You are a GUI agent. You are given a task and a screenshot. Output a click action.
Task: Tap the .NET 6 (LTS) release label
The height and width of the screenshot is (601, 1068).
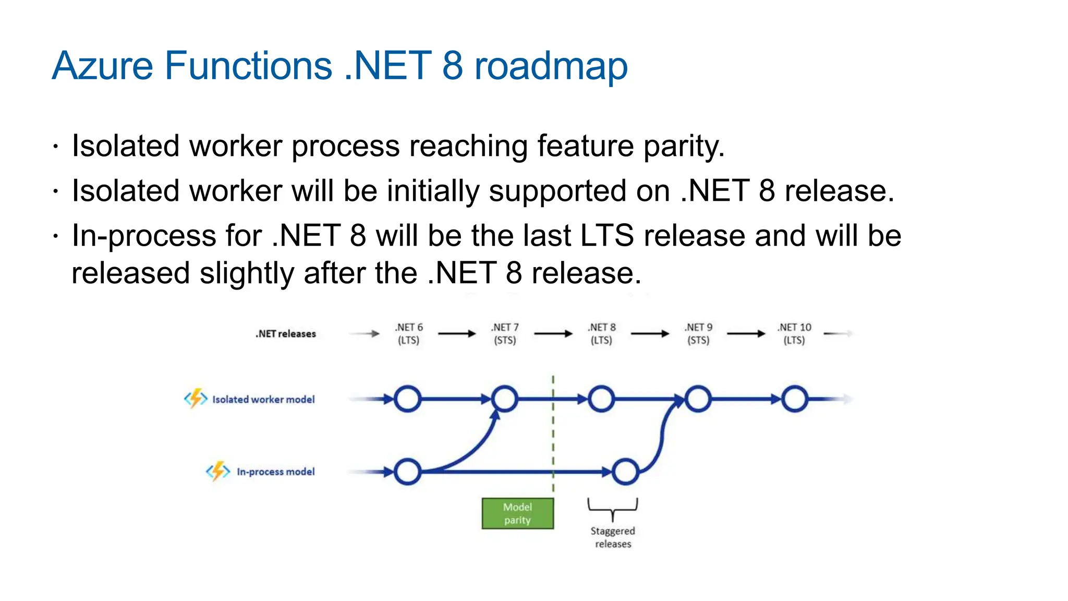409,334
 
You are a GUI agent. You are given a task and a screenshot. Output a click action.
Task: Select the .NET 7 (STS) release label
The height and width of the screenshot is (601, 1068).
505,334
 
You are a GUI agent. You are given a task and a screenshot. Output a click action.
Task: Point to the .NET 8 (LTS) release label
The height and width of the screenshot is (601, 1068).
601,334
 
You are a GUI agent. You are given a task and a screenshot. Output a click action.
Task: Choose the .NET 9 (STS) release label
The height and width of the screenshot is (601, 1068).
698,334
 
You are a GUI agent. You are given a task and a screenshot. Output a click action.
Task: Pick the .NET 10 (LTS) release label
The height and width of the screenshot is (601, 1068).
794,334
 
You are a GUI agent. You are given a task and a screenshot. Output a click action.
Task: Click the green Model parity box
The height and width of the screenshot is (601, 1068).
517,513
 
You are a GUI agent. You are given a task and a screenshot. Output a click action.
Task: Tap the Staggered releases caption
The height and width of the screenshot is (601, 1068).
613,537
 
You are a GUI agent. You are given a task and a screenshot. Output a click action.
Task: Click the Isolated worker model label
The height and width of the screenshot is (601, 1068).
263,400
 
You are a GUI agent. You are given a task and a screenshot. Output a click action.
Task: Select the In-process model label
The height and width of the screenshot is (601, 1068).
275,472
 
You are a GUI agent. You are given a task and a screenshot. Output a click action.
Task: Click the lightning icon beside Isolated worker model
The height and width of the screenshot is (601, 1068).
196,399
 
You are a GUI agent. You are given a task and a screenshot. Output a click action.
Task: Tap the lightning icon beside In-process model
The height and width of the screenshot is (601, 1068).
218,471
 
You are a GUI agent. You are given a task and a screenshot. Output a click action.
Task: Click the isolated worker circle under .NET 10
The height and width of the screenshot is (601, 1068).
794,400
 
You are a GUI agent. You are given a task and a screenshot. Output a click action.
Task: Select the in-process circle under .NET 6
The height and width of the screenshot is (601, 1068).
407,472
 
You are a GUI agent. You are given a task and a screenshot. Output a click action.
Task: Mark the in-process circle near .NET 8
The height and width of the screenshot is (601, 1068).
625,472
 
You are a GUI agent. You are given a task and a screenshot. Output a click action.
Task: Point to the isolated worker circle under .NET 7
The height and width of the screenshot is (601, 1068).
504,400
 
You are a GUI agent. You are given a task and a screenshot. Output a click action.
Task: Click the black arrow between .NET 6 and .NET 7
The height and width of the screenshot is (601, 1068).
457,334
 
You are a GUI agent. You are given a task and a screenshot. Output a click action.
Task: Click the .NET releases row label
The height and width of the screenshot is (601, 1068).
286,334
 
